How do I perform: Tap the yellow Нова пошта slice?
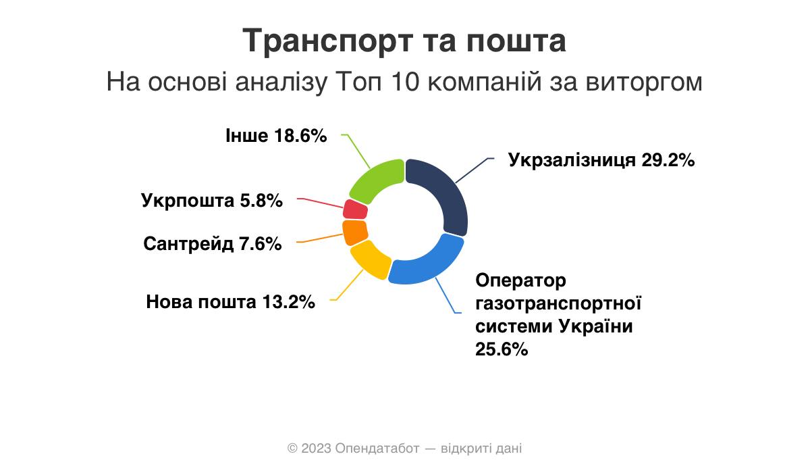pos(370,259)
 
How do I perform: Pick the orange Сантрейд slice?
pos(354,232)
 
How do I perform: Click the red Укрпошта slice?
pos(355,209)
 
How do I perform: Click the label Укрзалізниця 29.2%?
pos(601,160)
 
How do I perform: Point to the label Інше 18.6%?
pos(276,136)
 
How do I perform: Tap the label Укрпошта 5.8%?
pos(212,201)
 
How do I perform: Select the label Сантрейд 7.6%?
pos(213,243)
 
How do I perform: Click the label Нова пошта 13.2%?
pos(230,302)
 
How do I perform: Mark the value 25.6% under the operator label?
pos(502,349)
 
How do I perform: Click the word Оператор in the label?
pos(520,281)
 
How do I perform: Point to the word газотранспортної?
pos(558,303)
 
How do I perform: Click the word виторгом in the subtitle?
pos(644,82)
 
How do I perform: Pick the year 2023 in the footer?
pos(316,449)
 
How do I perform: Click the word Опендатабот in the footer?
pos(377,449)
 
